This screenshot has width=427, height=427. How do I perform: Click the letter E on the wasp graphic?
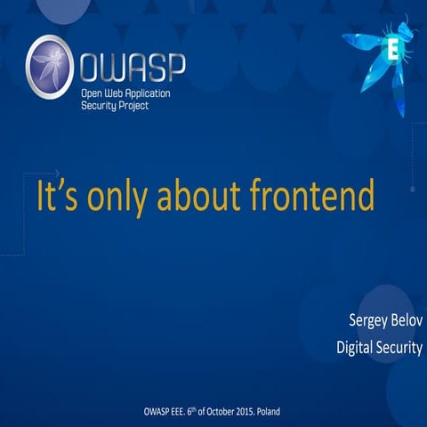coord(391,49)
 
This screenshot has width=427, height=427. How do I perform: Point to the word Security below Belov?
coord(399,348)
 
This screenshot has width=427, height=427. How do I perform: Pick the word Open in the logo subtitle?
coord(93,92)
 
